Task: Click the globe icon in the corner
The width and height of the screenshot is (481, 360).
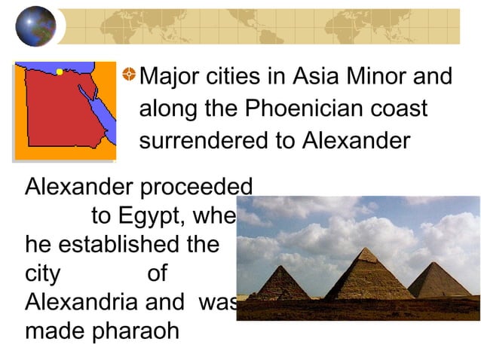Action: pyautogui.click(x=35, y=26)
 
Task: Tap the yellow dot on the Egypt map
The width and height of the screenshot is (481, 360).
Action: pyautogui.click(x=60, y=72)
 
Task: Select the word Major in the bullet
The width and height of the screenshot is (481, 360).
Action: pyautogui.click(x=170, y=77)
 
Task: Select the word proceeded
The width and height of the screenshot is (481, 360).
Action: pyautogui.click(x=201, y=188)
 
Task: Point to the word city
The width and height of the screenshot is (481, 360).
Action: pyautogui.click(x=42, y=273)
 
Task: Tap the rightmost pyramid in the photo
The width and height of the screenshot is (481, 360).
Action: pyautogui.click(x=438, y=279)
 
